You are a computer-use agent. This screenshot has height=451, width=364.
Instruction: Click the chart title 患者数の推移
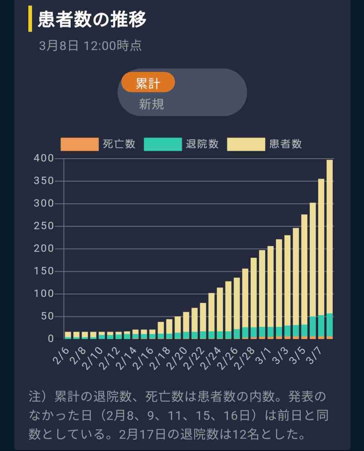92,19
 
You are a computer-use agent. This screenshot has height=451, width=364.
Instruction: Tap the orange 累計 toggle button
148,83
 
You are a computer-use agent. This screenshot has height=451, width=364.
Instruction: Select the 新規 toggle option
151,104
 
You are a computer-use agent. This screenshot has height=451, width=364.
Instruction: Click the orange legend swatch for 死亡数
80,144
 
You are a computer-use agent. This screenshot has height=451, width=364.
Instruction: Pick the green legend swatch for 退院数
162,144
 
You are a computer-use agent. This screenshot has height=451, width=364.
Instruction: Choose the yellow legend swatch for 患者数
246,144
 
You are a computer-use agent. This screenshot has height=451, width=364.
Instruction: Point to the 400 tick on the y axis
44,158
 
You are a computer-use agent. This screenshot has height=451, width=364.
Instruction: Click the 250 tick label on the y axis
44,226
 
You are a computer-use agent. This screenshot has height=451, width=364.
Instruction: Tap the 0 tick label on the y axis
51,339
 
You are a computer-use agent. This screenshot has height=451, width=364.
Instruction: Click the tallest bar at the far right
330,249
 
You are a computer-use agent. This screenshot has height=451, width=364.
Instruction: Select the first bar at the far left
68,335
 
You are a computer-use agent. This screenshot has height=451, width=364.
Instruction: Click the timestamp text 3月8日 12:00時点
90,46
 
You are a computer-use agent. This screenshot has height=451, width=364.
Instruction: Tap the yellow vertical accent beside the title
30,19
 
